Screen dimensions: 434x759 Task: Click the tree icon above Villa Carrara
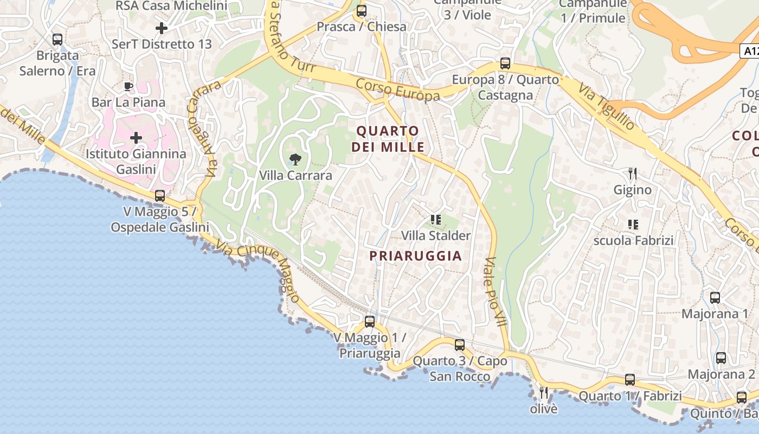coord(295,159)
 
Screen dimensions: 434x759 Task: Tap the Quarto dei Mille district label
coord(388,139)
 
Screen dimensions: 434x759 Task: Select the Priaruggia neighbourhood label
coord(416,256)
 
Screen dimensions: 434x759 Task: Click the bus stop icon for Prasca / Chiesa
coord(362,11)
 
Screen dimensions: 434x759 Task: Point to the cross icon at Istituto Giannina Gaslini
coord(136,138)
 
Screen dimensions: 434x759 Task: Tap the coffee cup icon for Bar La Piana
coord(128,86)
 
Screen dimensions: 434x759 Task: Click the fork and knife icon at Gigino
coord(632,174)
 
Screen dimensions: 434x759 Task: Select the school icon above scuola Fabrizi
coord(633,224)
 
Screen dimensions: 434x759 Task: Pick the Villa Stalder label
coord(436,235)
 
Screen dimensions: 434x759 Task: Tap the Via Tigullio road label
coord(606,107)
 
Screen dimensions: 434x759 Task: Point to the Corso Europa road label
coord(397,90)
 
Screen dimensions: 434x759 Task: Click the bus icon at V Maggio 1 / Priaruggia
coord(370,321)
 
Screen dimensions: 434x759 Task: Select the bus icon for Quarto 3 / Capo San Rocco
coord(460,344)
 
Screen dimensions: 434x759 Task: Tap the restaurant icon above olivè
coord(543,392)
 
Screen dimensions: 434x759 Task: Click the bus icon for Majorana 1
coord(715,297)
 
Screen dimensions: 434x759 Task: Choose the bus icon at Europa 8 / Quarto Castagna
coord(505,63)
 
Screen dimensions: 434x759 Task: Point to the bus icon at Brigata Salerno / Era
coord(57,40)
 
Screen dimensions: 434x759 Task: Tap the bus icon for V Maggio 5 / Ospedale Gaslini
coord(160,196)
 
